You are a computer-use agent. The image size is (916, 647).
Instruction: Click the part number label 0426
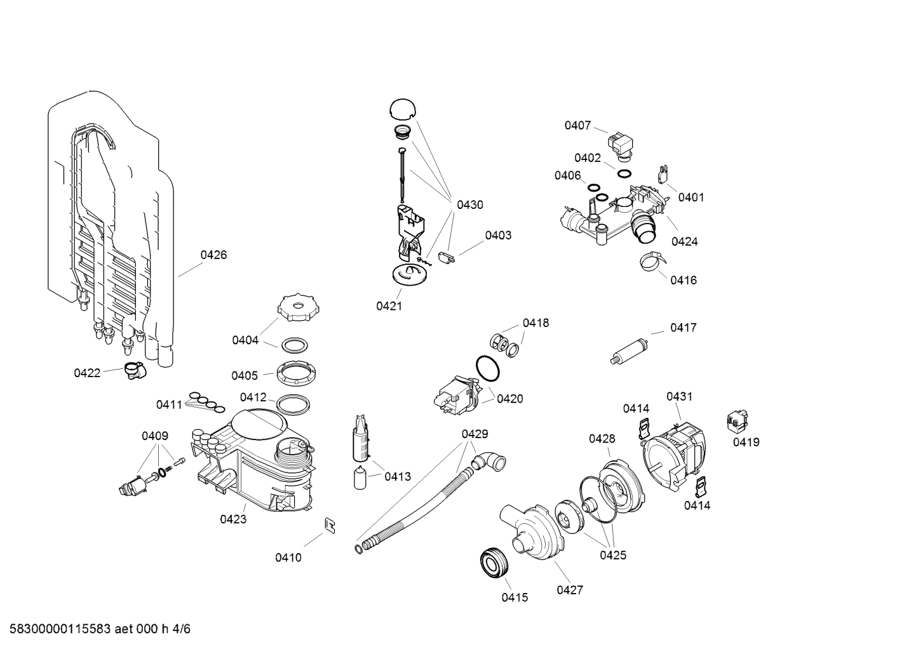(213, 255)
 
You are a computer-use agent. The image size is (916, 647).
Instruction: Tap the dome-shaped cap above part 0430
(401, 109)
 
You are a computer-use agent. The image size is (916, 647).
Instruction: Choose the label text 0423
(233, 519)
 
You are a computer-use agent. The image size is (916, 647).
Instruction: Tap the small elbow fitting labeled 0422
(134, 370)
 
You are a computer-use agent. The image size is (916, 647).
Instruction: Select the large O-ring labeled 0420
(487, 368)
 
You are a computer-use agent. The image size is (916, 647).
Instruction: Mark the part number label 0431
(679, 396)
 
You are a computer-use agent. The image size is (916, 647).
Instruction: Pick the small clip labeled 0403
(447, 258)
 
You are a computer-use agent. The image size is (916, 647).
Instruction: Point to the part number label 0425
(613, 555)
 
